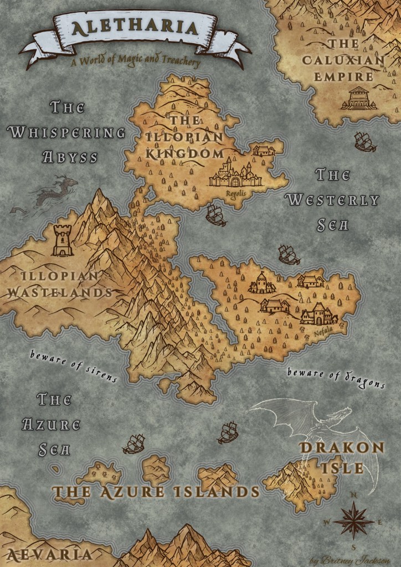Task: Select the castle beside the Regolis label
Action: click(x=235, y=174)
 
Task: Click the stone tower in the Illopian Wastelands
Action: click(x=63, y=241)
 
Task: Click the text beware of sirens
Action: click(x=74, y=366)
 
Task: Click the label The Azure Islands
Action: click(x=156, y=492)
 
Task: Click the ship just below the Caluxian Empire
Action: click(x=365, y=142)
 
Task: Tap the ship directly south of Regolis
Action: click(x=215, y=215)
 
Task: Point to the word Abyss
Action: click(x=70, y=157)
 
